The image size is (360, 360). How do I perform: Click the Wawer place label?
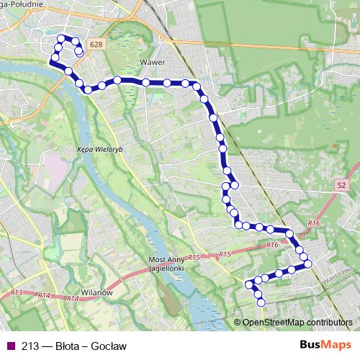click(x=154, y=62)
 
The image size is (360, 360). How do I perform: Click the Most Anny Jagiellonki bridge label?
click(x=167, y=263)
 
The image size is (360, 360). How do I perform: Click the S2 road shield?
click(x=341, y=186)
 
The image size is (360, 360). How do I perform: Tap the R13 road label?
click(x=18, y=292)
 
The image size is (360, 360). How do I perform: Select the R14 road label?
click(x=45, y=295)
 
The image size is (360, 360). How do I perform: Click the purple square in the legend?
click(x=9, y=345)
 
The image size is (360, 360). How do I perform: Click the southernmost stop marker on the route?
click(x=261, y=302)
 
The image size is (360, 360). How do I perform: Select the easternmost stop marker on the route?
click(x=308, y=264)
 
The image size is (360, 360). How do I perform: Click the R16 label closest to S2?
click(x=313, y=225)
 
